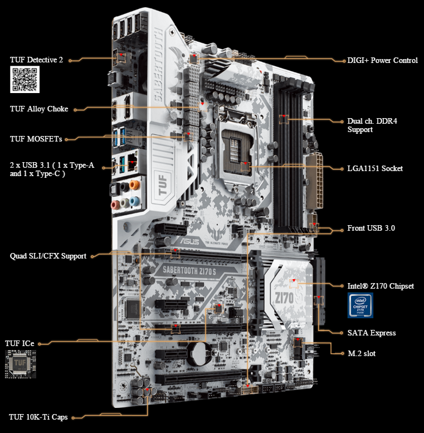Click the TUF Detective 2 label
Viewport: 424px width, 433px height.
(36, 60)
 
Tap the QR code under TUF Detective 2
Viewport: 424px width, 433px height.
(25, 79)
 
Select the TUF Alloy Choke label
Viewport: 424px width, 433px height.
(39, 109)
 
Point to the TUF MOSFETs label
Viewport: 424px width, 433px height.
(36, 139)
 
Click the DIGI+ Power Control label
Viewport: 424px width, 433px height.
(382, 60)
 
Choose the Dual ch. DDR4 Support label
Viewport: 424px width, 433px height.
(372, 125)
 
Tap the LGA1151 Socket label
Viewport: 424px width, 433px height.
(375, 168)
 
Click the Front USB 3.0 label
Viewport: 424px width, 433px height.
(371, 228)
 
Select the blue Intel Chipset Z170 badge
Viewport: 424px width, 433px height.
(360, 305)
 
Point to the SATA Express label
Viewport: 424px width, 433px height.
(372, 333)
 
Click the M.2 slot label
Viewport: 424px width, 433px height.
(362, 353)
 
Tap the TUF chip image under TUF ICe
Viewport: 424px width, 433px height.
(21, 364)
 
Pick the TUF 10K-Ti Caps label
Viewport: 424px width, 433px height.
(38, 417)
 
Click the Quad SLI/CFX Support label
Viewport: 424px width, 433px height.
(48, 256)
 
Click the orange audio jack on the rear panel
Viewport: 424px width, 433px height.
(134, 185)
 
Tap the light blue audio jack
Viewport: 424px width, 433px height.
(134, 201)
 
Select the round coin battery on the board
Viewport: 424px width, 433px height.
(201, 354)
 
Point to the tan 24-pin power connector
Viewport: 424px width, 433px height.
(314, 181)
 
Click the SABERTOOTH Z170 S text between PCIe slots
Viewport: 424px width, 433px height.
(189, 270)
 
